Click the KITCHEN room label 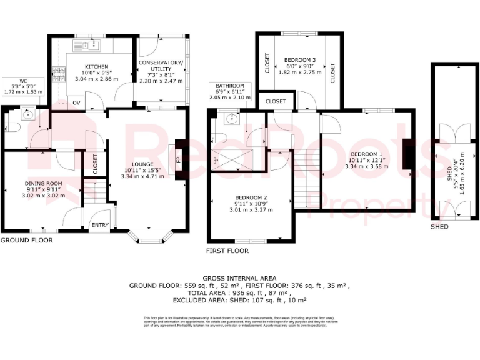coord(96,66)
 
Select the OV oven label coord(77,102)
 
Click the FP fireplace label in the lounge coord(178,159)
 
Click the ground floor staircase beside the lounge coord(95,190)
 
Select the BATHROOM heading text coord(230,86)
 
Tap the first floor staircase coord(306,184)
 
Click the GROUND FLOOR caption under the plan coord(26,240)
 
